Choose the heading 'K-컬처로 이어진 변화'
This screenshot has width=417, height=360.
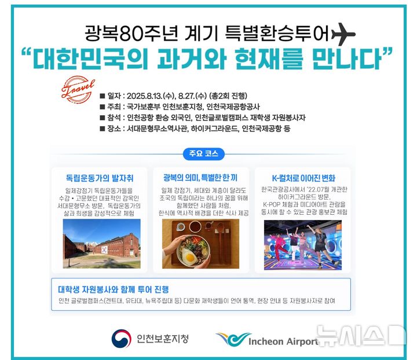coord(303,178)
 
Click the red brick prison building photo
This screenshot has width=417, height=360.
coord(101,244)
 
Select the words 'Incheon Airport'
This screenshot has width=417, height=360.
coord(283,341)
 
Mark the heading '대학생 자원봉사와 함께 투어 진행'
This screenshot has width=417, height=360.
coord(117,289)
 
